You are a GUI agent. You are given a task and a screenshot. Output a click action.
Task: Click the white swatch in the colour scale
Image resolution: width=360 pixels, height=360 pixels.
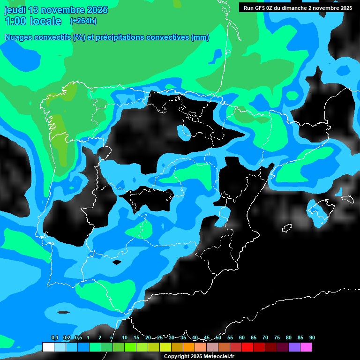pyautogui.click(x=48, y=347)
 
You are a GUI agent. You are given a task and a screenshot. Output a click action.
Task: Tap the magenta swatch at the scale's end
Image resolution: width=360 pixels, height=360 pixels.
pyautogui.click(x=306, y=347)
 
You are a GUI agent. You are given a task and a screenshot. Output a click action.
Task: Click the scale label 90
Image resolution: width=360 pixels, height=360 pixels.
pyautogui.click(x=312, y=337)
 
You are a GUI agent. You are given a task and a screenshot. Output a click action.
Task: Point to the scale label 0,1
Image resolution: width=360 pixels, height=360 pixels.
pyautogui.click(x=54, y=337)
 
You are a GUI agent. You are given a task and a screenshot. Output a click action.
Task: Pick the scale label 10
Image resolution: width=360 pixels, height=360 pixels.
pyautogui.click(x=124, y=337)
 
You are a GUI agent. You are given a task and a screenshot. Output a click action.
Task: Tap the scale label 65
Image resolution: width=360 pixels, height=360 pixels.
pyautogui.click(x=253, y=337)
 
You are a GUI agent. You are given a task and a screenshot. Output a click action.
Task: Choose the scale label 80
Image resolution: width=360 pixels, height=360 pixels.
pyautogui.click(x=288, y=337)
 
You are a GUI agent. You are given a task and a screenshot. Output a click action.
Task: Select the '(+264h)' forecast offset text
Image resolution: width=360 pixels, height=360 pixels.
pyautogui.click(x=83, y=21)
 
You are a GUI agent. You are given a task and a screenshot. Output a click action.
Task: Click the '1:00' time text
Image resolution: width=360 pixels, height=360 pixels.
pyautogui.click(x=15, y=22)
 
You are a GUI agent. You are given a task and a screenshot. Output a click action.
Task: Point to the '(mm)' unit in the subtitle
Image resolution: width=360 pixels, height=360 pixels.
pyautogui.click(x=200, y=37)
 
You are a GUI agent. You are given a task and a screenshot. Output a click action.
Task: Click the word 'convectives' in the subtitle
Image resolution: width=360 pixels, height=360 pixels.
pyautogui.click(x=165, y=37)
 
